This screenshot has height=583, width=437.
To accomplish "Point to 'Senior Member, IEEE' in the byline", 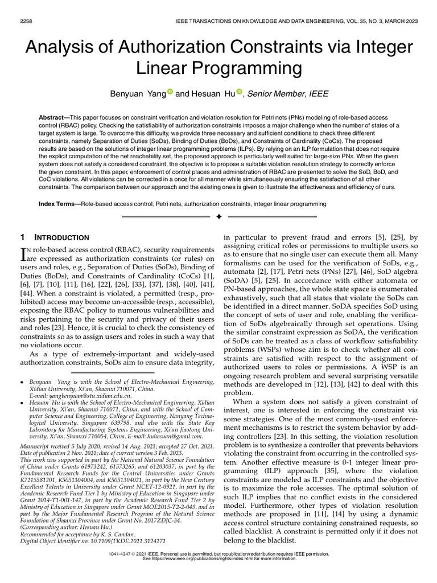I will pos(287,93).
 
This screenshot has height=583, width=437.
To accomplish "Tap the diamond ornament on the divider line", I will pos(218,217).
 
